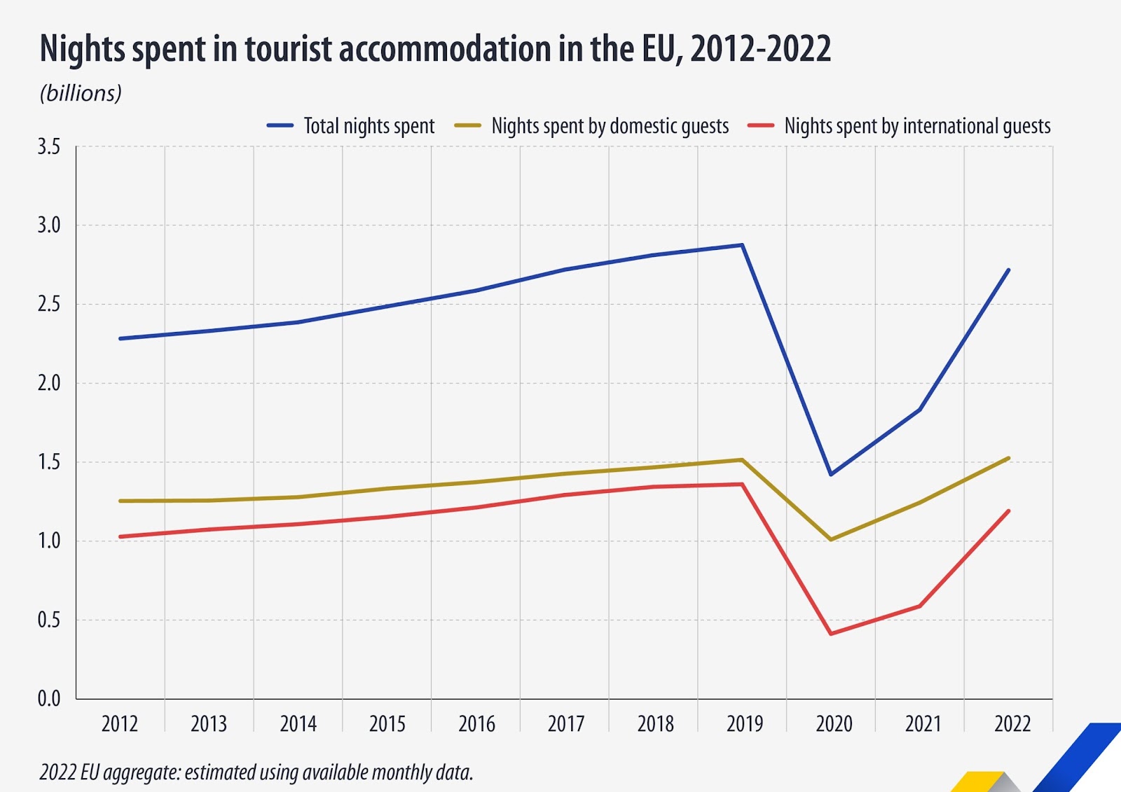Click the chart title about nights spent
pyautogui.click(x=434, y=49)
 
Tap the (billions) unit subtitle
pyautogui.click(x=81, y=93)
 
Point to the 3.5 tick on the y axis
pyautogui.click(x=49, y=147)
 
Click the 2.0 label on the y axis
pyautogui.click(x=49, y=383)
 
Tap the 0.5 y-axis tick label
pyautogui.click(x=49, y=620)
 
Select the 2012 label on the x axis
pyautogui.click(x=120, y=723)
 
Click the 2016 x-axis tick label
pyautogui.click(x=476, y=723)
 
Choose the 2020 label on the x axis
pyautogui.click(x=834, y=723)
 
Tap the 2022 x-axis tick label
pyautogui.click(x=1012, y=723)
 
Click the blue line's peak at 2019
pyautogui.click(x=742, y=245)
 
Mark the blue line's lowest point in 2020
pyautogui.click(x=831, y=474)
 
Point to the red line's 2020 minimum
pyautogui.click(x=831, y=634)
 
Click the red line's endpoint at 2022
pyautogui.click(x=1009, y=510)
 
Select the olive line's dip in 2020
pyautogui.click(x=831, y=539)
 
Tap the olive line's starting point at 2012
pyautogui.click(x=121, y=501)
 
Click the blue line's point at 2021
pyautogui.click(x=920, y=409)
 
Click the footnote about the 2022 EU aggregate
pyautogui.click(x=256, y=772)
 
